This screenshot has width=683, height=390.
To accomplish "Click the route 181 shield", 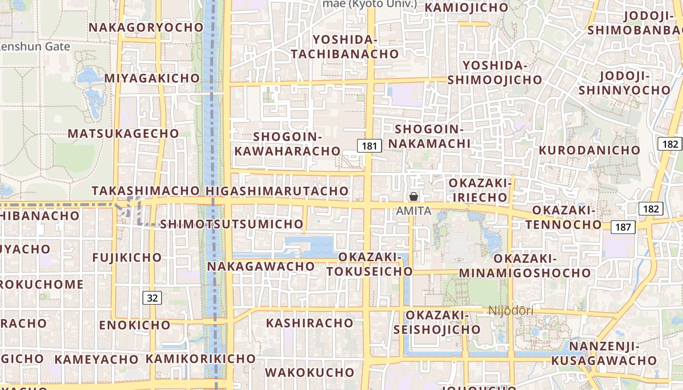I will point(370,146).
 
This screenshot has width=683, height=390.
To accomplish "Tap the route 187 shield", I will point(623,227).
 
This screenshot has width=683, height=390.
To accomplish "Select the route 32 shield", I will point(153,298).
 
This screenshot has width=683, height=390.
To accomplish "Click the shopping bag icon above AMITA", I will point(414,196).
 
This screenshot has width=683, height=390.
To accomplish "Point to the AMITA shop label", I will point(414,211).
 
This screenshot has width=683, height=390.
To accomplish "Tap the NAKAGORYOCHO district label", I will point(146,27).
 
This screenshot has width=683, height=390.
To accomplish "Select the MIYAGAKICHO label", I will point(152,78).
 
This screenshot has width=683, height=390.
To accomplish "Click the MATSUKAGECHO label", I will point(123,134).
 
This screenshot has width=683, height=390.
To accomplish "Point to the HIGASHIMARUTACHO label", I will point(278,191).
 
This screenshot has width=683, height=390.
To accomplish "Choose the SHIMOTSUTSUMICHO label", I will point(232,224).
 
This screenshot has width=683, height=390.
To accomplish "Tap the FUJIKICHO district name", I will point(127,257).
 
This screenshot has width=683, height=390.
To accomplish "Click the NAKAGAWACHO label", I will point(261,267).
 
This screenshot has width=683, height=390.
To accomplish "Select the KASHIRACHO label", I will point(310,323).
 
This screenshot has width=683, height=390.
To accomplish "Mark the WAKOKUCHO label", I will point(310,372).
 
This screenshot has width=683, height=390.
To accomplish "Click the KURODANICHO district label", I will point(589,150).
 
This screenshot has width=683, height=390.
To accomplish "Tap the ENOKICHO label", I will point(135,325).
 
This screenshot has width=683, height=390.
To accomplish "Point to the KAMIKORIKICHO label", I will point(201,359).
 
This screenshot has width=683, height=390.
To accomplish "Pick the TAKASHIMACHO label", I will point(146,191).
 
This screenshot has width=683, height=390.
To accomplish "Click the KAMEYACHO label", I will point(97,360).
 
